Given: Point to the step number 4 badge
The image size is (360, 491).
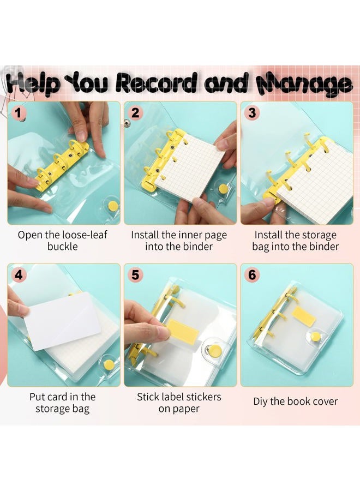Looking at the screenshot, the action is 19,275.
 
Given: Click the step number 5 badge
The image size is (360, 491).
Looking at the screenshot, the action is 135,275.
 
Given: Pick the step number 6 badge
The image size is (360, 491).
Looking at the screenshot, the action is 252,275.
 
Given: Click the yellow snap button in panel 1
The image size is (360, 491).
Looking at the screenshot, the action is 113,206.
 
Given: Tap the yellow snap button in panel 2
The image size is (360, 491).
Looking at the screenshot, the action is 223,189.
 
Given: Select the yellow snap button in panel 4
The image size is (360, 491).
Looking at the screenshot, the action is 109,364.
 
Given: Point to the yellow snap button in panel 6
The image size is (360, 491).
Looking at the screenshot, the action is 316,337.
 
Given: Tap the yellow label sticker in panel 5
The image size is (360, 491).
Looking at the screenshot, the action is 183,331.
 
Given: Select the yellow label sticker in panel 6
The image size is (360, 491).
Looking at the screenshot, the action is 304,316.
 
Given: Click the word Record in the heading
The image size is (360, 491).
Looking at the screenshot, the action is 157,83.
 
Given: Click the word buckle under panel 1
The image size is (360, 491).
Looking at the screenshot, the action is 63,247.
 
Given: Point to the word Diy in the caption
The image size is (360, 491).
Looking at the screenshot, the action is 260,402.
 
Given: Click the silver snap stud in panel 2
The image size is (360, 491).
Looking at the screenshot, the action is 127,123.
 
